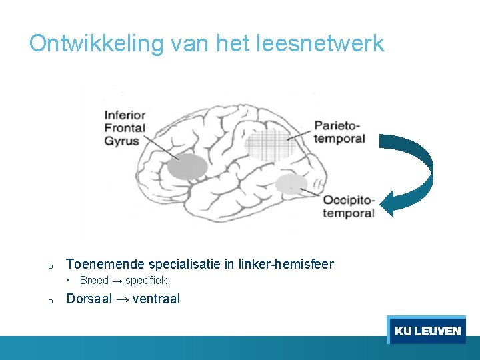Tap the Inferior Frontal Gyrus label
coord(125,128)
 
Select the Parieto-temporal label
coord(340,132)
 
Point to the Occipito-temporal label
coord(349,207)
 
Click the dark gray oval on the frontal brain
coord(186,167)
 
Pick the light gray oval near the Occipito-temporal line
coord(291,183)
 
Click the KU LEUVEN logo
coord(427,330)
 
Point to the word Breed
coord(94,280)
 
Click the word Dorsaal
coord(89,299)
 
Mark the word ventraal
coord(156,299)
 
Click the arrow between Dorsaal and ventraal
coord(123,299)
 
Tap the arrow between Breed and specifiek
coord(117,281)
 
